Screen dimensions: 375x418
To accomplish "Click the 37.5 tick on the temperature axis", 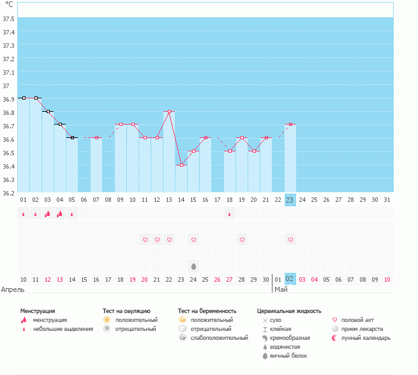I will click(x=9, y=18).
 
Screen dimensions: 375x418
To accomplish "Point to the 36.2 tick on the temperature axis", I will click(x=9, y=194).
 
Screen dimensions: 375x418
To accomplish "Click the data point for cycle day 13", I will click(x=169, y=111).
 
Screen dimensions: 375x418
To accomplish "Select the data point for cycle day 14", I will click(x=181, y=165).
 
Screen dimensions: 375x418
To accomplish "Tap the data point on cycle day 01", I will click(x=24, y=98).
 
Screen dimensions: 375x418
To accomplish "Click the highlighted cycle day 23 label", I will click(x=290, y=200).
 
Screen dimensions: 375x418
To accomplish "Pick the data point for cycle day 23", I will click(x=290, y=125).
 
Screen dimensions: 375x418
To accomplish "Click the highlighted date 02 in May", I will click(x=290, y=279).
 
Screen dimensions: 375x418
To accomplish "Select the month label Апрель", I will click(x=13, y=289).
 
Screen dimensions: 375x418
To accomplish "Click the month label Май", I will click(x=280, y=289).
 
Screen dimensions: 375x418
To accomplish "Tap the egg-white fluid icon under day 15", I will click(x=193, y=266).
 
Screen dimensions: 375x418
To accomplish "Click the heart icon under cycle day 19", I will click(x=242, y=240).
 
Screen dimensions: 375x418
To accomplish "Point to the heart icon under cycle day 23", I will click(x=290, y=240).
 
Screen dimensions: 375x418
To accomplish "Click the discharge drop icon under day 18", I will click(x=230, y=214).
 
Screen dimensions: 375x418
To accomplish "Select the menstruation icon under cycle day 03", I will click(x=47, y=214).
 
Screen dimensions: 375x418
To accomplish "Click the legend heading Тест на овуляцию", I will click(x=126, y=311).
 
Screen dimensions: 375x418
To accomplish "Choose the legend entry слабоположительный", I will click(x=219, y=338).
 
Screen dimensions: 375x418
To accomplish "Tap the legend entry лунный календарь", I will click(x=366, y=338).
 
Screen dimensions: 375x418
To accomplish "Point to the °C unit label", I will click(x=9, y=5).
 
